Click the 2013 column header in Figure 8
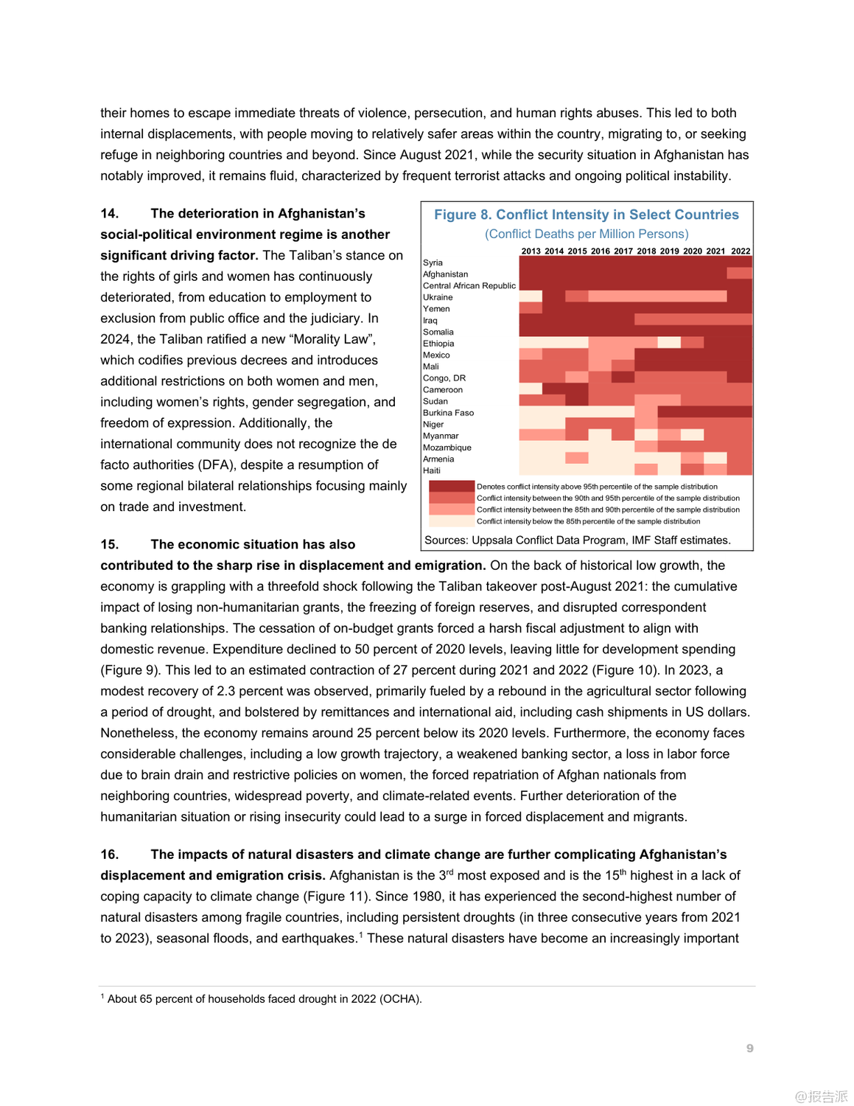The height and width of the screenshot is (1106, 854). (531, 251)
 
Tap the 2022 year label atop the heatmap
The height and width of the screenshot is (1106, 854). (741, 251)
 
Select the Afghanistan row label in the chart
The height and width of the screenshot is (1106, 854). (445, 274)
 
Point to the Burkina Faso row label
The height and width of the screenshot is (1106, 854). (448, 413)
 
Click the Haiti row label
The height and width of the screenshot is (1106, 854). (432, 470)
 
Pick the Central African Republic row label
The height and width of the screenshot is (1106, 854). (469, 286)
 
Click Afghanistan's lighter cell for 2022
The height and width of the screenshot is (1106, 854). (740, 274)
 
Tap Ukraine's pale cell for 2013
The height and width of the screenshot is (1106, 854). (531, 296)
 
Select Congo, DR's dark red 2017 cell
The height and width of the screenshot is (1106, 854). (623, 378)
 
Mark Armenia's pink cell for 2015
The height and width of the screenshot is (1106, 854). (577, 459)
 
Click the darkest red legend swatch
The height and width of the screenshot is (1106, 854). (452, 487)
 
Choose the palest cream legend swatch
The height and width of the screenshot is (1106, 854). (452, 521)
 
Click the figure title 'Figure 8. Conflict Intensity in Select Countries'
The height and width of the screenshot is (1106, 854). (586, 215)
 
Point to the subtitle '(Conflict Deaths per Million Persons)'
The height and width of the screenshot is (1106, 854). (587, 234)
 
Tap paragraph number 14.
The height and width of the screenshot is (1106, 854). (110, 214)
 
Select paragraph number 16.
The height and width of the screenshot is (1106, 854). (110, 855)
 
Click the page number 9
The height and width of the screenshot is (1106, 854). (749, 1048)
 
